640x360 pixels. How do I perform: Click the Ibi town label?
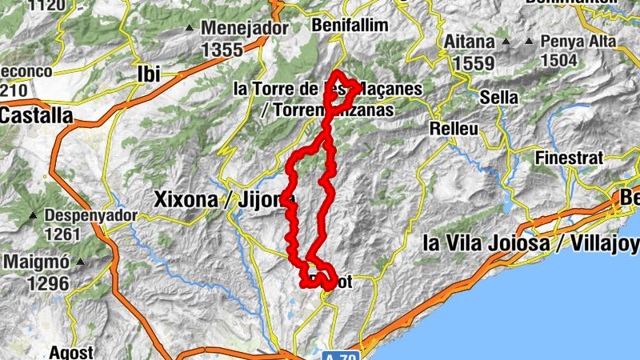[x=149, y=74]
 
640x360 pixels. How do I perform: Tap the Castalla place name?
[x=36, y=115]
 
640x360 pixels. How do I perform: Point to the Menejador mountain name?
[x=244, y=28]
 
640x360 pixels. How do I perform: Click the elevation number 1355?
[x=222, y=50]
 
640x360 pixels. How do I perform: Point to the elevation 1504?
[x=563, y=61]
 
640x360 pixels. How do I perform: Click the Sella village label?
[x=498, y=97]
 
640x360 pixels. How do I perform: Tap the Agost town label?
[x=71, y=352]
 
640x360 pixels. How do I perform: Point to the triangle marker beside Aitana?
[x=506, y=39]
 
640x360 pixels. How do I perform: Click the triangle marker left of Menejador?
[x=190, y=29]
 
